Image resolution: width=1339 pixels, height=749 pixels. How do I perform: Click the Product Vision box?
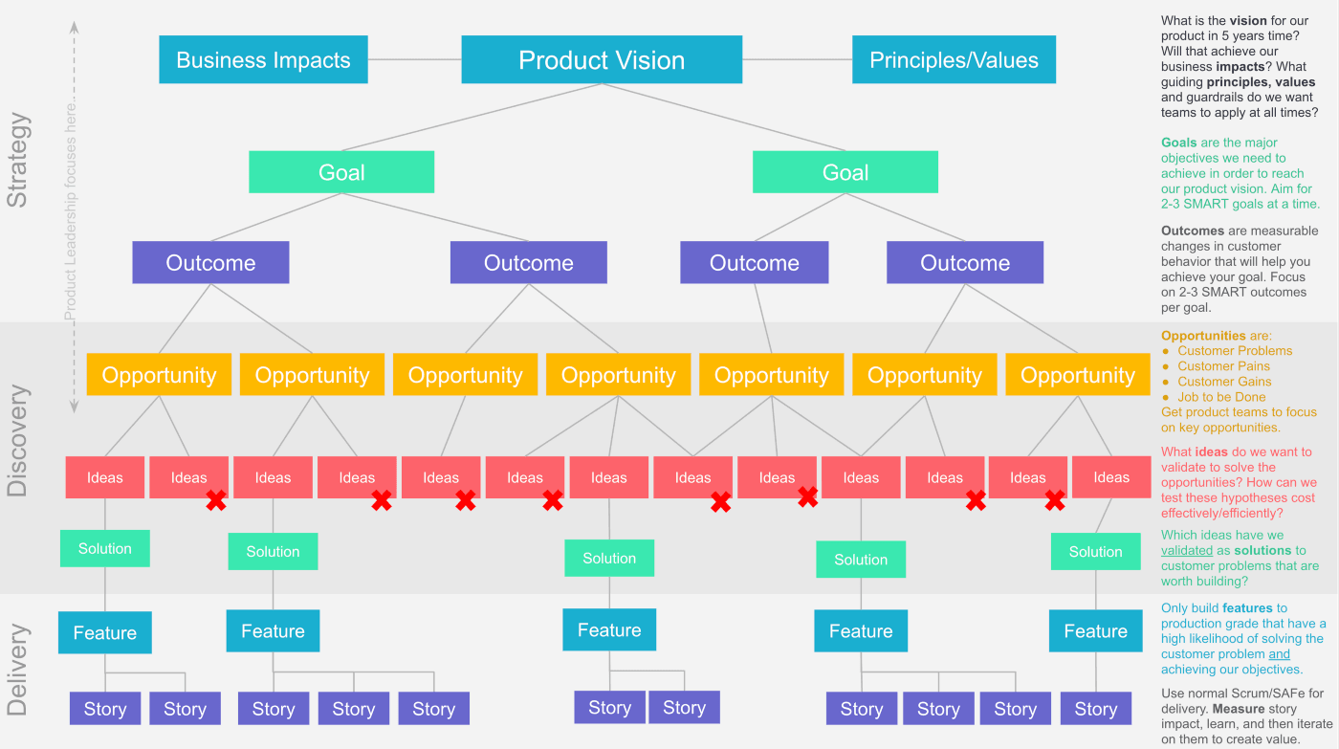coord(602,60)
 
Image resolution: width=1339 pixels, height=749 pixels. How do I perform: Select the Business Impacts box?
coord(263,60)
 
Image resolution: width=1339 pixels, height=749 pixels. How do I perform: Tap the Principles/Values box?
coord(954,60)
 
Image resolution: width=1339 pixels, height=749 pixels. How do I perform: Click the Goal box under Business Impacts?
coord(341,172)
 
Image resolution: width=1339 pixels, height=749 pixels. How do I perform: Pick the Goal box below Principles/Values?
coord(845,172)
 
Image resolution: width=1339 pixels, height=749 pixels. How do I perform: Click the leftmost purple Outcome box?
coord(210,263)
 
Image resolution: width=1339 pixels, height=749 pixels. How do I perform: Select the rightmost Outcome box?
coord(965,263)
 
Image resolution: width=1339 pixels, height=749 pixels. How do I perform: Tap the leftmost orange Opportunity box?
coord(159,375)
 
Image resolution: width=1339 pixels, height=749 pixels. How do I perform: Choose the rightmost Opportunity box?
coord(1078,375)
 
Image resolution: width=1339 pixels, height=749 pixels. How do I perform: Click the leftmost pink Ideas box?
coord(105,477)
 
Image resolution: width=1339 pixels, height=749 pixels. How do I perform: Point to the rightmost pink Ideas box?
coord(1111,477)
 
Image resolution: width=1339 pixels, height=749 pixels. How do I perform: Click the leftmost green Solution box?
coord(105,549)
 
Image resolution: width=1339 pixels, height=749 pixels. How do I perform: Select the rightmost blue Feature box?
coord(1095,631)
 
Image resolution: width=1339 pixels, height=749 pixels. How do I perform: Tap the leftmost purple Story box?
coord(105,709)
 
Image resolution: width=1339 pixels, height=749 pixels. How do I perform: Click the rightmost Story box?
coord(1095,709)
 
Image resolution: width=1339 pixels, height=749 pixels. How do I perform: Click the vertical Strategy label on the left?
coord(18,160)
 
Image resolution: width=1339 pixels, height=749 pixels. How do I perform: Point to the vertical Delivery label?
coord(18,670)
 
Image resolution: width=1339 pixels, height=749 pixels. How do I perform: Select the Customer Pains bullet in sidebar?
coord(1223,366)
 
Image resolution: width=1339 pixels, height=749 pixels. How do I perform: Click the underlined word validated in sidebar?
coord(1186,551)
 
